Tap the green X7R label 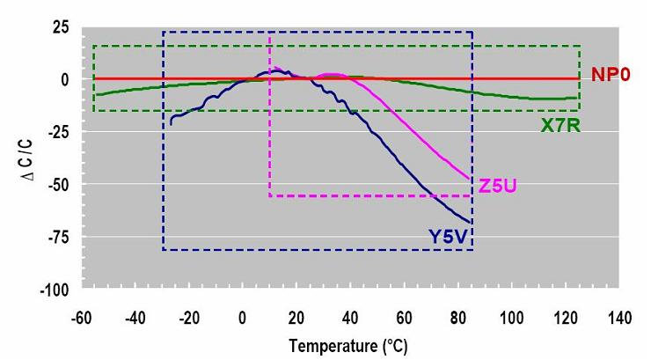[559, 125]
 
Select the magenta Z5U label [496, 186]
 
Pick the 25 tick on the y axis [59, 27]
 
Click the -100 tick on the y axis [54, 290]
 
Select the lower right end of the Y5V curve [472, 222]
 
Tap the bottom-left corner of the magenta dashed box [269, 195]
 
